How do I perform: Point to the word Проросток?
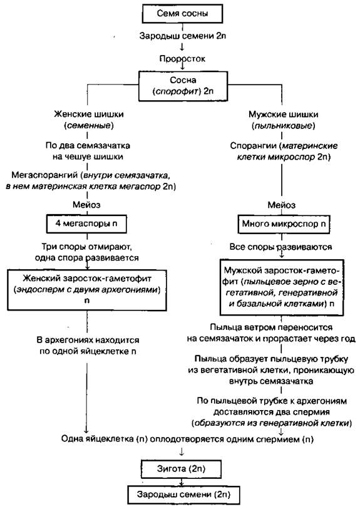(182, 59)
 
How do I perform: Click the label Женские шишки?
(89, 115)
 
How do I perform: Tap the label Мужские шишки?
(284, 115)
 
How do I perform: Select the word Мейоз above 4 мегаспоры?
(86, 205)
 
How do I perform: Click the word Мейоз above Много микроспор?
(282, 205)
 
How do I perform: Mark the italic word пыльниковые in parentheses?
(284, 126)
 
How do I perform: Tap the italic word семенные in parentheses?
(89, 126)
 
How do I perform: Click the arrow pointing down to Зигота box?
(182, 451)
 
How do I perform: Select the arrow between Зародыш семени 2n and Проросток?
(182, 46)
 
